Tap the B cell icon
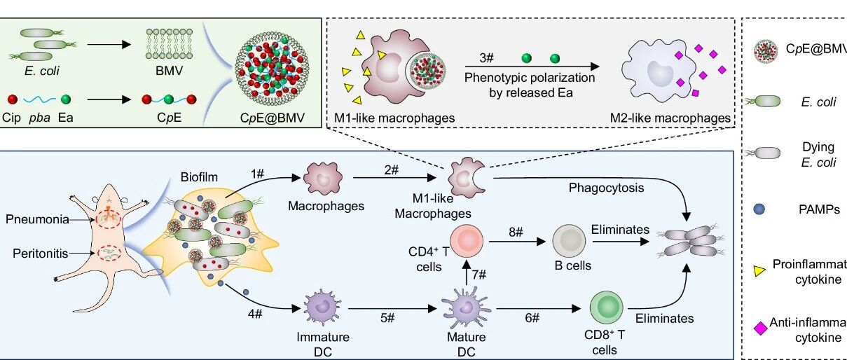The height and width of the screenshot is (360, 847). point(570,241)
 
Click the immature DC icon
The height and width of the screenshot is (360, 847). point(323,309)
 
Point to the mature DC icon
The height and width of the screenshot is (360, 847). point(460,307)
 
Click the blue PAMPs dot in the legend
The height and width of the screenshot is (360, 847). point(764,209)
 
